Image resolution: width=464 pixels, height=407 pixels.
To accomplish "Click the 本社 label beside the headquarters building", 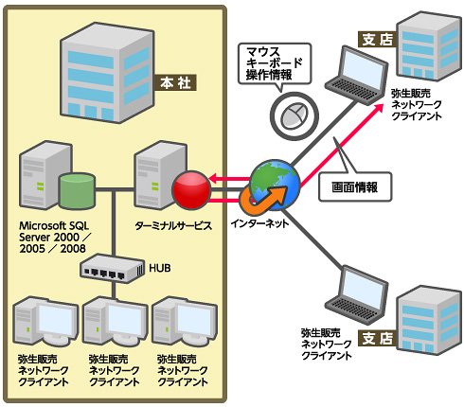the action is pos(175,82).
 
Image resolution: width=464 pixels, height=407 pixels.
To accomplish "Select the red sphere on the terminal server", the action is pos(191,190).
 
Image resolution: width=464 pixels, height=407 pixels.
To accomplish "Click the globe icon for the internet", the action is pos(275,186).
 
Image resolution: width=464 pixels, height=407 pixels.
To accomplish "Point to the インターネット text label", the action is pos(259,223).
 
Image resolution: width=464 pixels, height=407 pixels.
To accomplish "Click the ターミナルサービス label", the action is pos(173,226).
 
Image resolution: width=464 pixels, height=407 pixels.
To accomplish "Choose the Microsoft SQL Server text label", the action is pos(54,237).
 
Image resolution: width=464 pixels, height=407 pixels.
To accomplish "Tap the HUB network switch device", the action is pos(113,269).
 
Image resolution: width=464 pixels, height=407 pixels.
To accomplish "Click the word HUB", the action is pos(160,268).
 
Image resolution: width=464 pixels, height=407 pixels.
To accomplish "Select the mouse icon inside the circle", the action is pos(294,115).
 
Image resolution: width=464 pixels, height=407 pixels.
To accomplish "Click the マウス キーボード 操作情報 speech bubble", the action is pos(275,63).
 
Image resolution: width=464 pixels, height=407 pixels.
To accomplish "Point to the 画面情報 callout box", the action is pos(355,187).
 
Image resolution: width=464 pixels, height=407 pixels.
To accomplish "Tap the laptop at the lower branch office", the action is pos(357,296).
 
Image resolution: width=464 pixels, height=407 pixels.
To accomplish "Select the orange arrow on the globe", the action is pos(264,199).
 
